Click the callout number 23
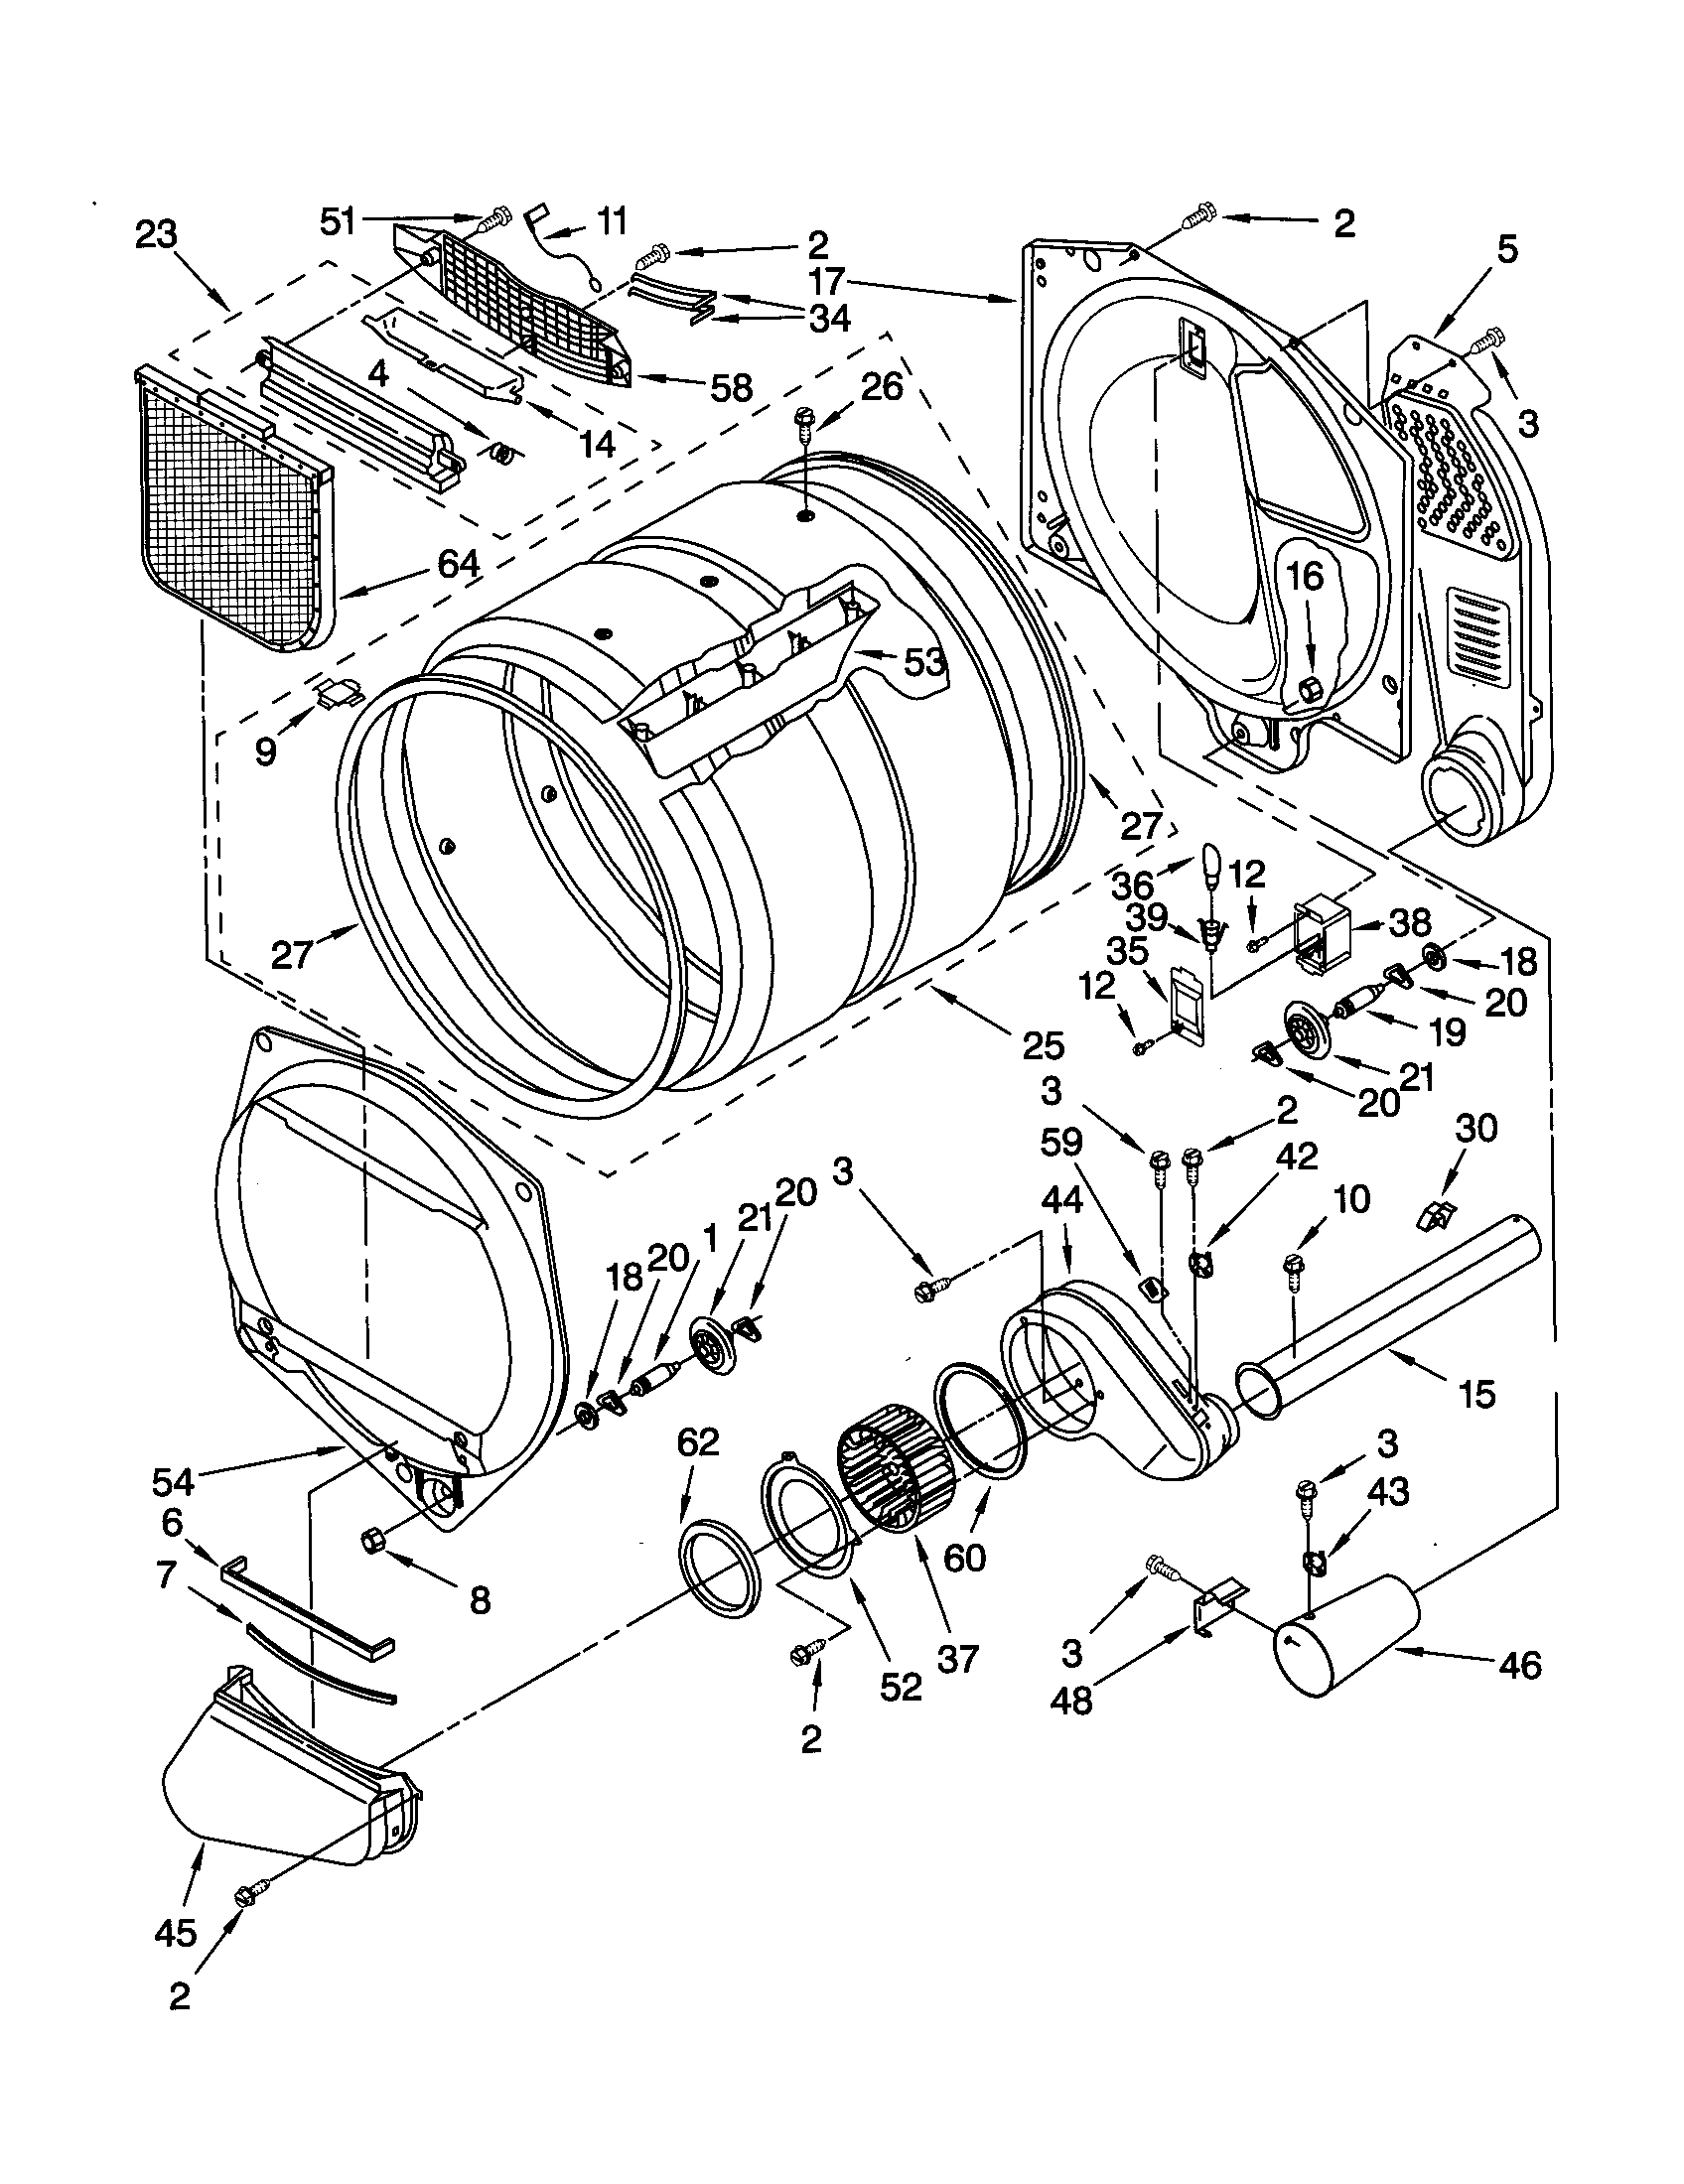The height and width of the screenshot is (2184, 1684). pyautogui.click(x=156, y=236)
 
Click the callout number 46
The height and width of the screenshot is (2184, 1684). pyautogui.click(x=1520, y=1666)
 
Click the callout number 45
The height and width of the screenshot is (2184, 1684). pyautogui.click(x=175, y=1934)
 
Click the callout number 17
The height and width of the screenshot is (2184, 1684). pyautogui.click(x=829, y=281)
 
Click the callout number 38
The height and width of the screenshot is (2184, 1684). pyautogui.click(x=1410, y=921)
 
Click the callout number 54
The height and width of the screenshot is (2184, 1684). pyautogui.click(x=174, y=1480)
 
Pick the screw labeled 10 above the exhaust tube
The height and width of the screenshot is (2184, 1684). pyautogui.click(x=1295, y=1268)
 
